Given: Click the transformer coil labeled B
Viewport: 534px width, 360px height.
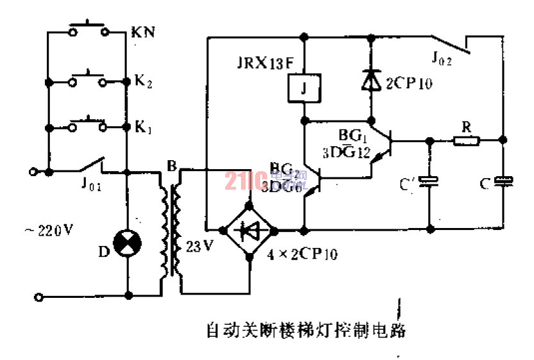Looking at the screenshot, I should pos(171,227).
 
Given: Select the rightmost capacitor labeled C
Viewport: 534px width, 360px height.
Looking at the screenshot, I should pos(504,183).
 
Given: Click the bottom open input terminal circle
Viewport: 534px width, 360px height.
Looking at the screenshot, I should pos(39,297).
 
